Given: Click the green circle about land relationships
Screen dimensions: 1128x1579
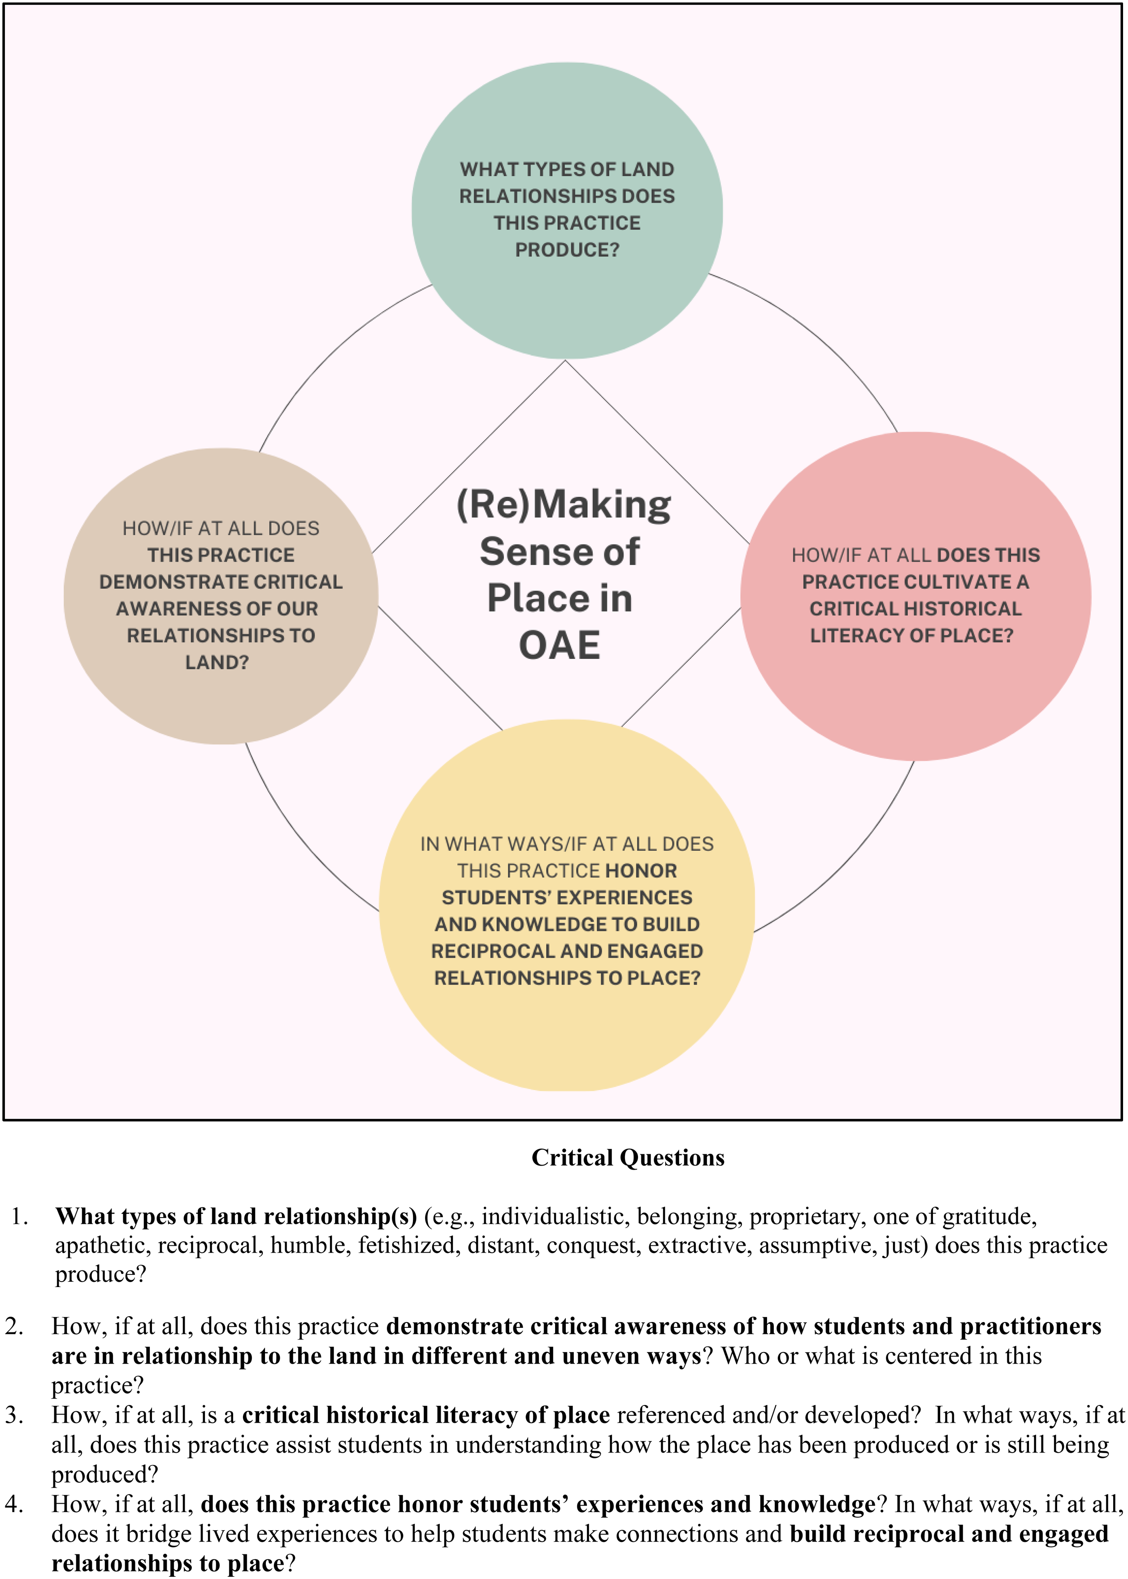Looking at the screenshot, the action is (x=567, y=210).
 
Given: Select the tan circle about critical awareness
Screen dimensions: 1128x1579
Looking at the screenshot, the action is (x=221, y=596).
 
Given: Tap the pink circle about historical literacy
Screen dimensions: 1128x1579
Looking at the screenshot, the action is (x=915, y=596).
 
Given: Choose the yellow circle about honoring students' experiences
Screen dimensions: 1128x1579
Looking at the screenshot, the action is (x=567, y=905).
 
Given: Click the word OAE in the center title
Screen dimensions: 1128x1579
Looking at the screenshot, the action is (x=560, y=645).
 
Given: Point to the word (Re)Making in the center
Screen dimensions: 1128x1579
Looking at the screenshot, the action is (x=563, y=505).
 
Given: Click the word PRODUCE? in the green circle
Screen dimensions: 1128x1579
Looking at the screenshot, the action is (x=567, y=249).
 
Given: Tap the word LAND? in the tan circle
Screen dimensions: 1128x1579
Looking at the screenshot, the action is (x=217, y=662).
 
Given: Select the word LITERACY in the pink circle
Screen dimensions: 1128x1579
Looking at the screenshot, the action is (x=849, y=635).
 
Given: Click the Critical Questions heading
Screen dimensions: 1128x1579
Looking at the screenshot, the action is (x=628, y=1157).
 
